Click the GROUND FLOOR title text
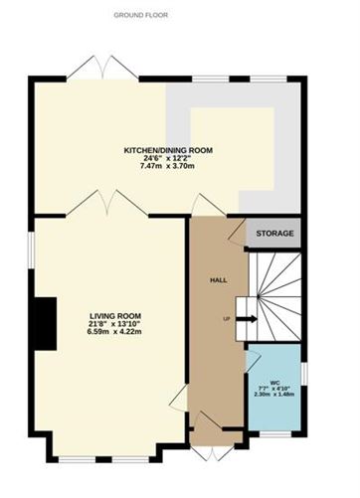(x=141, y=15)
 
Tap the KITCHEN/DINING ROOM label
(x=168, y=150)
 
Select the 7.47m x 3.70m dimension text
(x=167, y=166)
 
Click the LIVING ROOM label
(x=115, y=316)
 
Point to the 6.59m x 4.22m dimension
(x=114, y=331)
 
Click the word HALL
(x=219, y=280)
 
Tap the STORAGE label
(x=274, y=234)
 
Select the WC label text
(x=274, y=383)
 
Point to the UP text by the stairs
(x=227, y=319)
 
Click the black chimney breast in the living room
(x=46, y=324)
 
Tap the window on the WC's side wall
(x=305, y=374)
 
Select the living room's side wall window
(x=31, y=250)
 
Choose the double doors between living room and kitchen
(x=107, y=203)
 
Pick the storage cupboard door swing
(x=238, y=232)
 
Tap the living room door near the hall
(x=180, y=400)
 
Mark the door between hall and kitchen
(x=208, y=206)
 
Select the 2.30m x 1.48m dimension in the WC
(x=274, y=395)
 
